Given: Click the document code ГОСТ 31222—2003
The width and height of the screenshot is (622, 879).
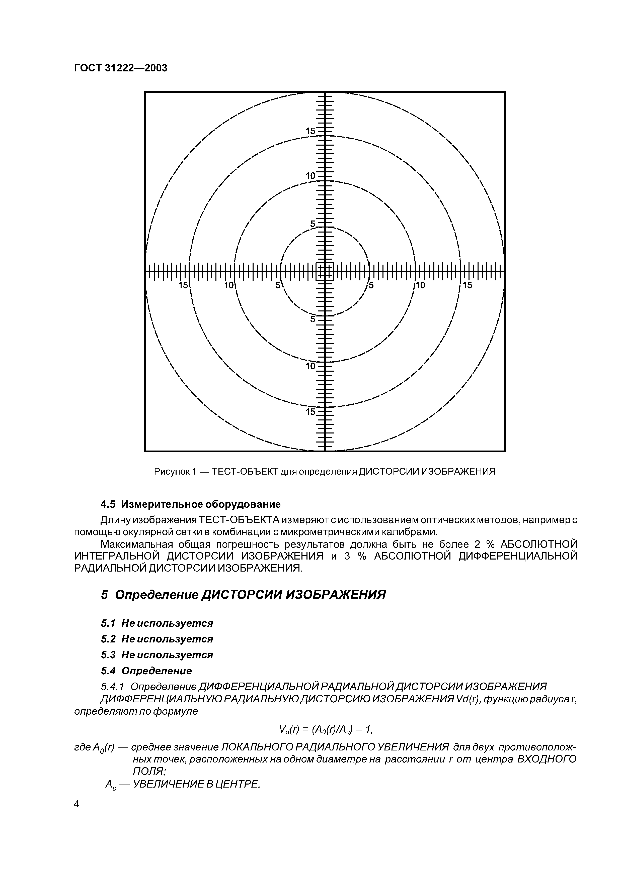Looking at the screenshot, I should point(120,68).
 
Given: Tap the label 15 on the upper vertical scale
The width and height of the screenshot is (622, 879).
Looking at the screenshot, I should point(310,131).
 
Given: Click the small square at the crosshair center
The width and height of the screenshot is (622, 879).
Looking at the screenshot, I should point(325,271).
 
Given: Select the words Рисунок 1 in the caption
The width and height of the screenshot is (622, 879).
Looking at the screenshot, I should point(174,472).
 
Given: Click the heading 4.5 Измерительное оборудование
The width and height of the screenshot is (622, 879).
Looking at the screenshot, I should point(190,504).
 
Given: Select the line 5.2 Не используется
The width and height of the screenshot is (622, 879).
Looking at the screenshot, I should point(157,639).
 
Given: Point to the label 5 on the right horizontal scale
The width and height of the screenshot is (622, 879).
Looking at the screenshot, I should point(371,285).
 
